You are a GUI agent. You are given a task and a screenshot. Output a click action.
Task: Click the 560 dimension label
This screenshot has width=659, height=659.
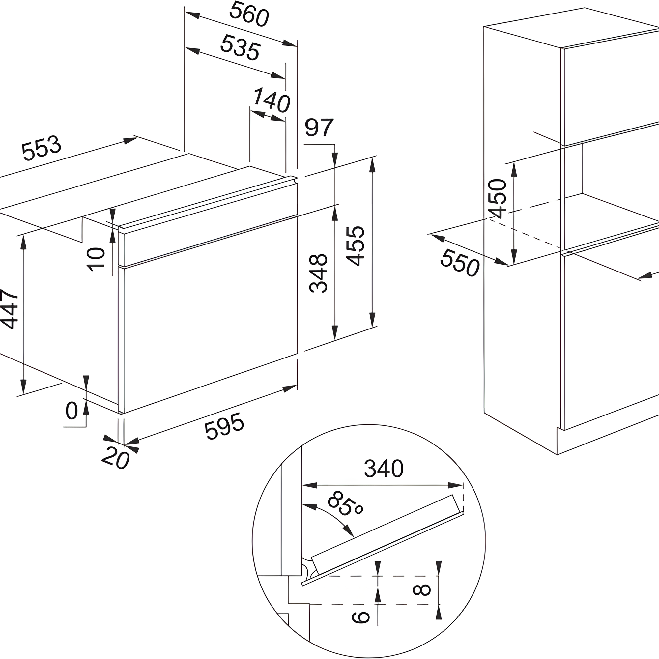(249, 14)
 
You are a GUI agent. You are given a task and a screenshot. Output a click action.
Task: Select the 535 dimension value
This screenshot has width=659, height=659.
(240, 47)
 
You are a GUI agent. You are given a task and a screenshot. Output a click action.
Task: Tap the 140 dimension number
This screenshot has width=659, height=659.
(271, 100)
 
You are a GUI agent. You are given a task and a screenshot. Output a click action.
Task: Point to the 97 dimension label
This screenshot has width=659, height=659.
(319, 127)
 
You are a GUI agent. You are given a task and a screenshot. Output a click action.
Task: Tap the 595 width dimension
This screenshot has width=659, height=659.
(224, 426)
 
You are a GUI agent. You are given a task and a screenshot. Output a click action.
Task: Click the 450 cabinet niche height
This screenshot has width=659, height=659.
(497, 198)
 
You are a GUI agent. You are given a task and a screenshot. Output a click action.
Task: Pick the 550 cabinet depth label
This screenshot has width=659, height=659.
(460, 263)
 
